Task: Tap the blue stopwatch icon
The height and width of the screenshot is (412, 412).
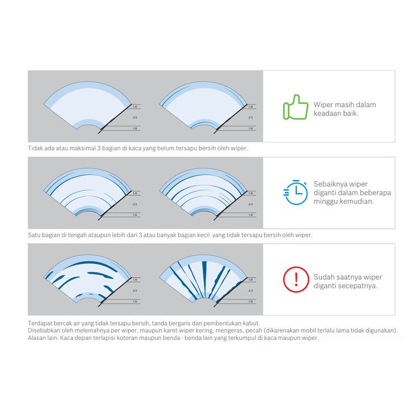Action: [x=294, y=192]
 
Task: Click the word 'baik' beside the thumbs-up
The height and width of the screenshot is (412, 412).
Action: [x=355, y=113]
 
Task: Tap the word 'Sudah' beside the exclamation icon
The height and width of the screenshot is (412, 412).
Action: [x=324, y=277]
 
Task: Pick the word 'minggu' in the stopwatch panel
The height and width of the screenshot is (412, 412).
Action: [x=327, y=201]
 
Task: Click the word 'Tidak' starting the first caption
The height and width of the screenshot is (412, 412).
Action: [x=35, y=148]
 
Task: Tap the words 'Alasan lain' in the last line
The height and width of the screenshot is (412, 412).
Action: [x=42, y=337]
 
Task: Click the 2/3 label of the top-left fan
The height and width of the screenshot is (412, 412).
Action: [x=135, y=117]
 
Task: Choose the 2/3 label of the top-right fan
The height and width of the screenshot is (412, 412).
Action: [x=250, y=117]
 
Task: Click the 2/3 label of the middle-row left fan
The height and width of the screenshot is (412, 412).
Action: [x=135, y=204]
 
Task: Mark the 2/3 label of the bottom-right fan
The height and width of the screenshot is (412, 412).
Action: [x=250, y=291]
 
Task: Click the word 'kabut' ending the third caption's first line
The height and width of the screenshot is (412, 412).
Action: [x=253, y=322]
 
